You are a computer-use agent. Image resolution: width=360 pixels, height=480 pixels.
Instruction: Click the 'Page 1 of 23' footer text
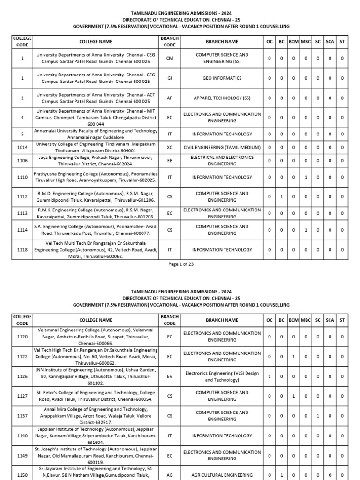pos(180,264)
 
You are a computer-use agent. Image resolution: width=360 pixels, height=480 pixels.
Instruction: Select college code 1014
pos(22,147)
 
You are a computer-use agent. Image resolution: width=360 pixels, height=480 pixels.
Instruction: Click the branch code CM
pos(170,58)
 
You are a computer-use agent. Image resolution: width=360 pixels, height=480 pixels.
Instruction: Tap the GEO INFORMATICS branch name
pos(222,78)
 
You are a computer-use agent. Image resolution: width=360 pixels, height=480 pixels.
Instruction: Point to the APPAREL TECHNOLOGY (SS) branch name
pos(222,98)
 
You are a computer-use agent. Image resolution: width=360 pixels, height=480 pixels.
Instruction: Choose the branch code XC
pos(170,147)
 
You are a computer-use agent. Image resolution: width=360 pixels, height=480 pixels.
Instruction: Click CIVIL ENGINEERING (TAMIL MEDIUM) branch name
pos(222,147)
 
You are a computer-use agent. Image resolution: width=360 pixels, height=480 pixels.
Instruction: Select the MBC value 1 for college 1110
pos(306,177)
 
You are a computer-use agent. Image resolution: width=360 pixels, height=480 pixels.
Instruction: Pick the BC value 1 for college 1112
pos(281,197)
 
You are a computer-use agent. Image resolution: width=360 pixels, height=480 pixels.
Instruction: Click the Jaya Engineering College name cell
pos(96,161)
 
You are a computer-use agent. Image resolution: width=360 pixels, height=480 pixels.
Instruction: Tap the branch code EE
pos(170,161)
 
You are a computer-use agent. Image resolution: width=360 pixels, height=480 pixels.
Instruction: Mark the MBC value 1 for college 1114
pos(306,230)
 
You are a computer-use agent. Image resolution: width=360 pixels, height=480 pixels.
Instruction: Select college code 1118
pos(22,250)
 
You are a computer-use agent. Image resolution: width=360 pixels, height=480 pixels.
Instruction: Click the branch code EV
pos(170,376)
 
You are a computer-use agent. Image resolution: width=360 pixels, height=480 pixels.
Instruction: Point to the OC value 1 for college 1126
pos(269,376)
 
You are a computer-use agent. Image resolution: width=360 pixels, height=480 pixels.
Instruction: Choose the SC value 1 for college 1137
pos(318,416)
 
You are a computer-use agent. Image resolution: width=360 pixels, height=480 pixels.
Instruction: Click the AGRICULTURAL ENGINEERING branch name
pos(222,475)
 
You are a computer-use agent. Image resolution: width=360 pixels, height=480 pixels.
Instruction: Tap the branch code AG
pos(170,475)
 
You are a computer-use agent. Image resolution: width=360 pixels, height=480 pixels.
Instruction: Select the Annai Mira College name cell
pos(96,416)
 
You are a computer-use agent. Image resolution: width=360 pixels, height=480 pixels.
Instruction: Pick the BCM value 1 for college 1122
pos(293,357)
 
